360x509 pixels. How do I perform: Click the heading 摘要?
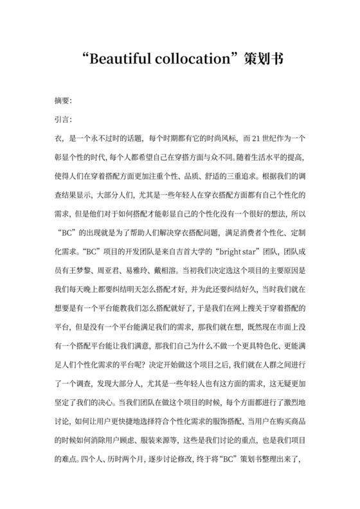[x=63, y=102]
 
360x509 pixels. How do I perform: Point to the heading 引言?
[x=63, y=120]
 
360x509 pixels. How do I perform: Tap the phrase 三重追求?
[x=240, y=175]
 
